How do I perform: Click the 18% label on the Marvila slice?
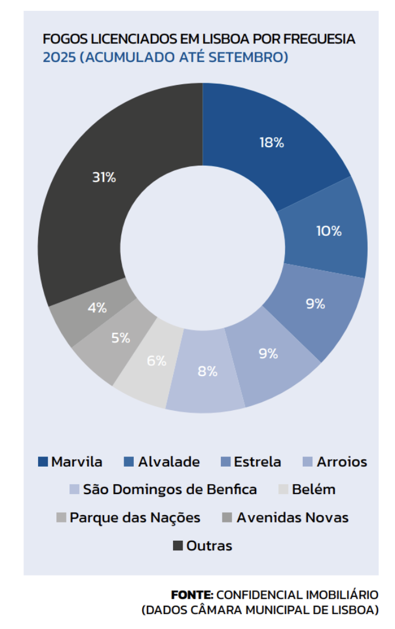[x=271, y=143]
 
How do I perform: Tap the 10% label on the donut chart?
[x=328, y=231]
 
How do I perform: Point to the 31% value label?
[x=104, y=177]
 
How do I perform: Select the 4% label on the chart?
[x=97, y=308]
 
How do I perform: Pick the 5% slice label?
[x=120, y=338]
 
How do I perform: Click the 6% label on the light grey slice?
[x=156, y=361]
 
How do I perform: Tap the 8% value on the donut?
[x=208, y=372]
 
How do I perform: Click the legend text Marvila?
[x=77, y=461]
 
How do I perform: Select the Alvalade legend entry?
[x=168, y=461]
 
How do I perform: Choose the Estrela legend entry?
[x=257, y=461]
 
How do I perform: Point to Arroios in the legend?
[x=341, y=461]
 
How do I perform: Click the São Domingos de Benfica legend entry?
[x=170, y=489]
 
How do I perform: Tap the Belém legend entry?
[x=313, y=489]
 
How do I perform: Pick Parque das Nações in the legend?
[x=135, y=517]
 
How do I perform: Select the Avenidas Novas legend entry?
[x=292, y=517]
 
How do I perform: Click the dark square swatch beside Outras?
[x=178, y=546]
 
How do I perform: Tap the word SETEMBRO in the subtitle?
[x=252, y=58]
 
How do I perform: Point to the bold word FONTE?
[x=192, y=595]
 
